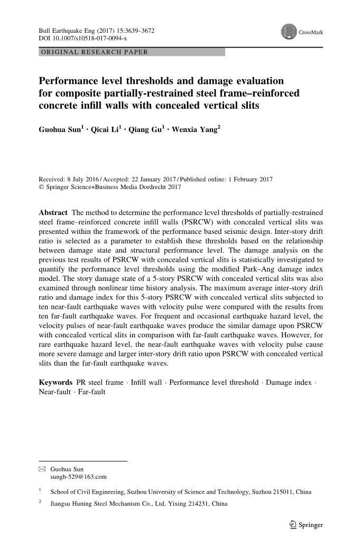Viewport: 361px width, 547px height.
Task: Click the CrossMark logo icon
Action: (x=289, y=32)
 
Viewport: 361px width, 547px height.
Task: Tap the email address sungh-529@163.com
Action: (x=78, y=477)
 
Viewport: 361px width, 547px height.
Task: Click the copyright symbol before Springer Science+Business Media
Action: (x=42, y=187)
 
